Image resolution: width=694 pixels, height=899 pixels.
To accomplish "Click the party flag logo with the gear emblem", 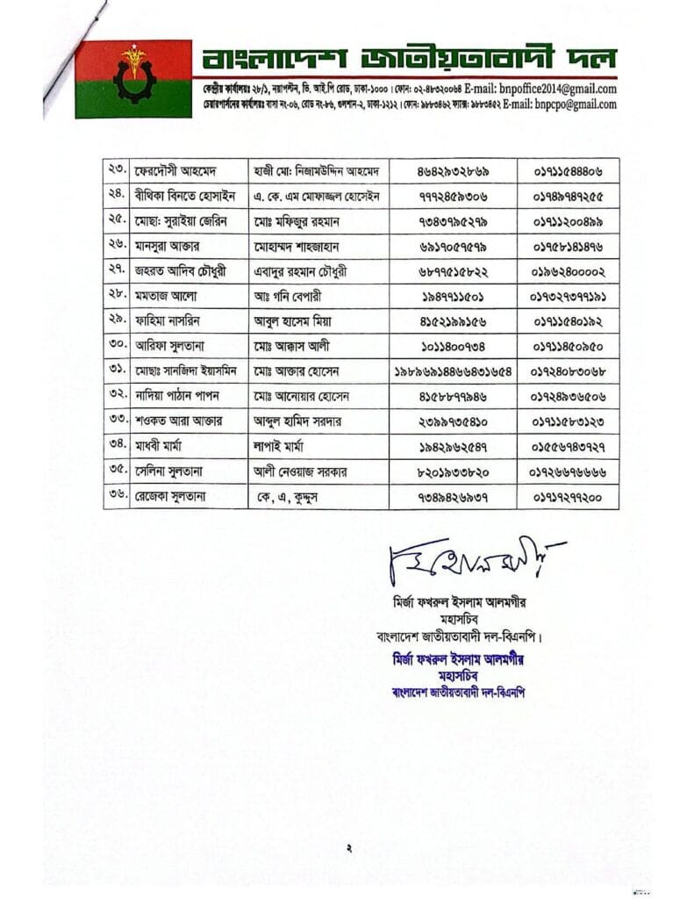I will tap(133, 78).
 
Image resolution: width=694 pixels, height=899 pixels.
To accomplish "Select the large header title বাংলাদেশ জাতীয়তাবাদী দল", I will tap(409, 60).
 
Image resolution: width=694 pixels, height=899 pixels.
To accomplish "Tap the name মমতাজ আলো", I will tap(163, 295).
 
